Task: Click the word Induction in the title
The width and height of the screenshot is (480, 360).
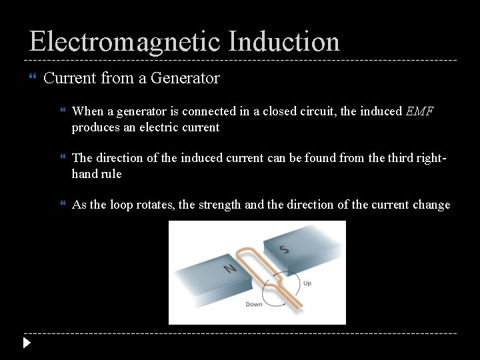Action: tap(284, 41)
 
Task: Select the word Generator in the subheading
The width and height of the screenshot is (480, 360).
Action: tap(185, 78)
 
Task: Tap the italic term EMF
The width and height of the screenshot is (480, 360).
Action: tap(419, 111)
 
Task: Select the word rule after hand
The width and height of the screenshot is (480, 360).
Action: tap(111, 173)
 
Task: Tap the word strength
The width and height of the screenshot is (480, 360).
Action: tap(220, 205)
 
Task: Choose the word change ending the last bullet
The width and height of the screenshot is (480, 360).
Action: tap(431, 205)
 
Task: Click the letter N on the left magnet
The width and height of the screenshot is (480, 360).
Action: tap(230, 268)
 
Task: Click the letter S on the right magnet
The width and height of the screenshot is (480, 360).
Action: tap(285, 250)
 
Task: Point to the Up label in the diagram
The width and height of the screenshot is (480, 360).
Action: tap(307, 283)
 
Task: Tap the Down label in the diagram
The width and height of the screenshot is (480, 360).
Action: tap(254, 305)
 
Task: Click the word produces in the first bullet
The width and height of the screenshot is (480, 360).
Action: tap(97, 127)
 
